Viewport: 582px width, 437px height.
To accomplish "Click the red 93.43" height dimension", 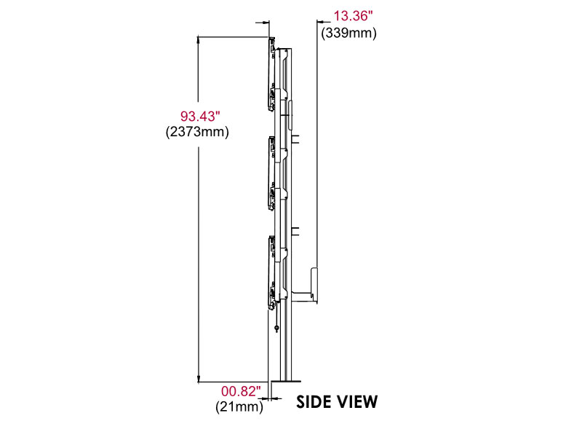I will pyautogui.click(x=200, y=116).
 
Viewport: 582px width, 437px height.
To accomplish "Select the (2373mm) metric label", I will pyautogui.click(x=197, y=132).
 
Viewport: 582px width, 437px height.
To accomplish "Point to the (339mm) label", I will pyautogui.click(x=348, y=32).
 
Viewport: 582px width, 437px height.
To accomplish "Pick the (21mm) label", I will pyautogui.click(x=238, y=407).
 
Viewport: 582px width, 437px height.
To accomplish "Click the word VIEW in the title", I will pyautogui.click(x=360, y=401).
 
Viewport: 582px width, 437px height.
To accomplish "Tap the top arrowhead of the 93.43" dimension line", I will pyautogui.click(x=199, y=39).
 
